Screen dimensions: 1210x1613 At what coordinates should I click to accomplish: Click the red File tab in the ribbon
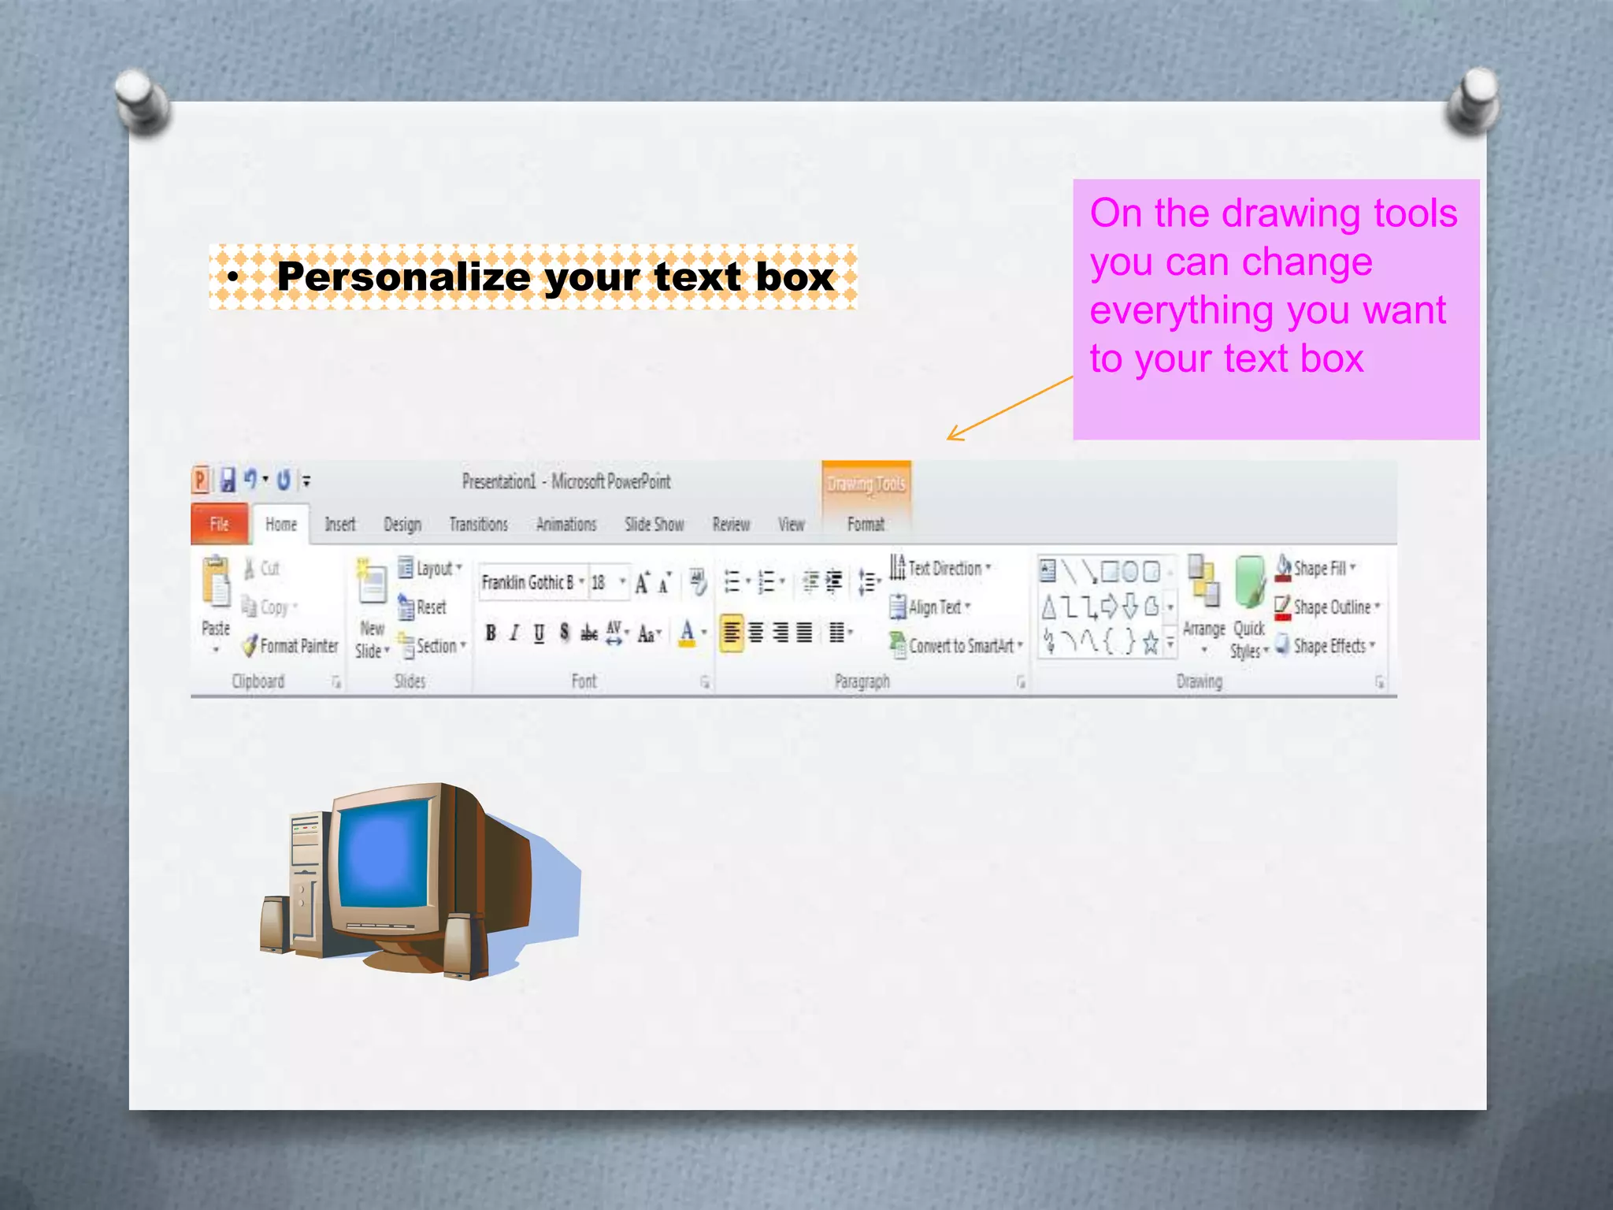pos(220,525)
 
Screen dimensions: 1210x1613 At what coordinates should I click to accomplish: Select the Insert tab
pos(340,525)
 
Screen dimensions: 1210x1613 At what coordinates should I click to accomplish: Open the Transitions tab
pos(478,525)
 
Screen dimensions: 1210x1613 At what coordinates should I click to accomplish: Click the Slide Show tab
pos(654,525)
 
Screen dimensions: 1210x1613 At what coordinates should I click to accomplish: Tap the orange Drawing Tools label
pos(866,484)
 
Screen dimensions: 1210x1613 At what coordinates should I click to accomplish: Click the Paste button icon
pos(216,583)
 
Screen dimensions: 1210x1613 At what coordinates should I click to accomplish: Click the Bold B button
pos(491,633)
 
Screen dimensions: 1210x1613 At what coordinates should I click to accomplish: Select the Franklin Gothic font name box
pos(528,583)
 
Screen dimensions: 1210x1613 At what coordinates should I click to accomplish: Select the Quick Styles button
pos(1248,607)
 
